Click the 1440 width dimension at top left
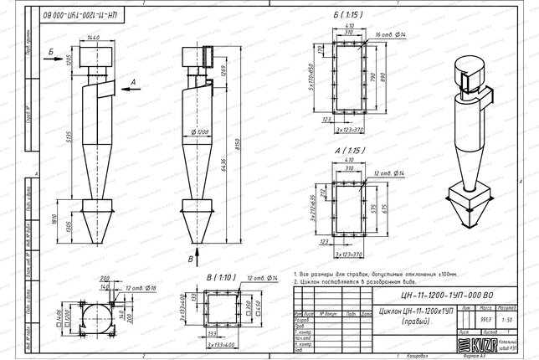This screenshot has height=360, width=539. point(93,39)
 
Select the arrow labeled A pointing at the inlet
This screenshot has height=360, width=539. point(127,83)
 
